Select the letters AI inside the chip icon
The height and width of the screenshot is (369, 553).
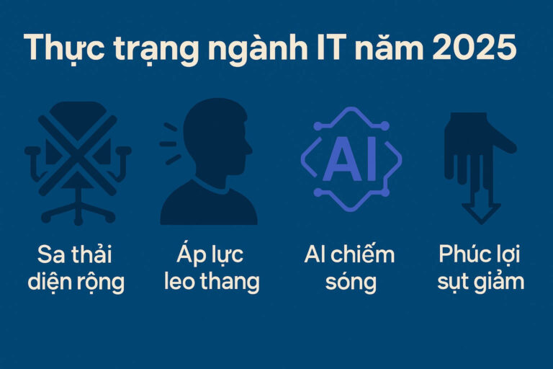point(350,160)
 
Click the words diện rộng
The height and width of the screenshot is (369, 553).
point(76,282)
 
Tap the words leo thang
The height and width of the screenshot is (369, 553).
point(210,282)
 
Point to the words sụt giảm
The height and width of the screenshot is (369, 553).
point(480,282)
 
